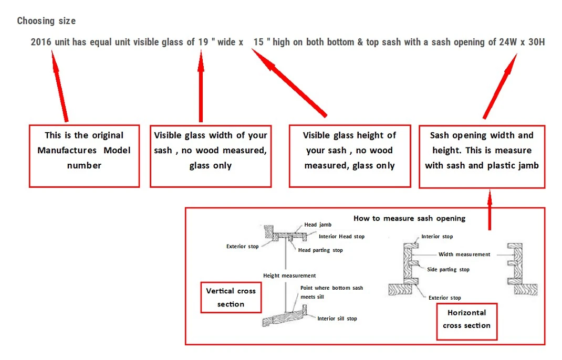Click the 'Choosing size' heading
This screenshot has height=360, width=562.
(x=46, y=21)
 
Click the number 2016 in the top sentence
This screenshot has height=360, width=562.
(x=41, y=42)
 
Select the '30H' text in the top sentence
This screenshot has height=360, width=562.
(x=537, y=42)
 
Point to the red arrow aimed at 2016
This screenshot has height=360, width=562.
(x=59, y=86)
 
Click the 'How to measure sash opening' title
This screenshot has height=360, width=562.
(x=409, y=218)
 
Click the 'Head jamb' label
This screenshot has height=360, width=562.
(x=318, y=225)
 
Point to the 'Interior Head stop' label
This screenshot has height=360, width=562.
(x=341, y=237)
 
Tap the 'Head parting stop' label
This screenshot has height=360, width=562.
(x=320, y=250)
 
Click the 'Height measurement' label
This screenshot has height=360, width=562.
(x=289, y=276)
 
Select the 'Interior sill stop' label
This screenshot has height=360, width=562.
(x=337, y=319)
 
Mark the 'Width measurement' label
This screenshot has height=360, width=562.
(x=464, y=255)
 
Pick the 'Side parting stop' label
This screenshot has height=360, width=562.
(x=449, y=269)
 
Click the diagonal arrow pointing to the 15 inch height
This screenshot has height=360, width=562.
(x=289, y=83)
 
